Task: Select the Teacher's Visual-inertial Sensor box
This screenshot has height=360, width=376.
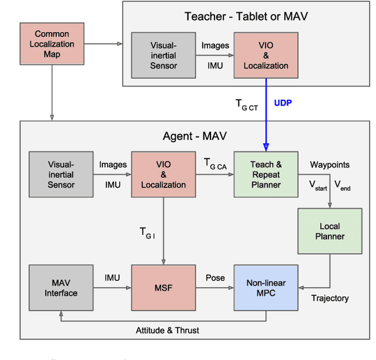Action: point(163,56)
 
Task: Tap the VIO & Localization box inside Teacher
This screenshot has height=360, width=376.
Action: point(266,56)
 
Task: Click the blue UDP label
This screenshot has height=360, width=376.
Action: point(283,103)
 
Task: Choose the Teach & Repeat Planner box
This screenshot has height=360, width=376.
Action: point(266,174)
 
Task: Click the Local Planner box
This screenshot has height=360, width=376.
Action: point(330,231)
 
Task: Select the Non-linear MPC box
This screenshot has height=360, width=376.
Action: point(266,287)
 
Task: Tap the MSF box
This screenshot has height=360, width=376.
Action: point(163,287)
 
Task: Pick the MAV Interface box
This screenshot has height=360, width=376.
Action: point(61,287)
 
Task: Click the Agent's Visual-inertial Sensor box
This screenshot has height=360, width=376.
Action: point(61,174)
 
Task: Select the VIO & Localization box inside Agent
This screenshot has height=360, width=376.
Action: point(163,174)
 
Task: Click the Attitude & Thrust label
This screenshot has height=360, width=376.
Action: point(167,330)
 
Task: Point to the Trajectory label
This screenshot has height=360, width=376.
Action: point(330,298)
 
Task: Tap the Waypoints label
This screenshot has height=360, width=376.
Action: point(330,165)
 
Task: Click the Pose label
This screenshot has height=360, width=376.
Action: point(214,277)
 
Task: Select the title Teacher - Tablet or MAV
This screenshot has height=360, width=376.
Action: point(246,16)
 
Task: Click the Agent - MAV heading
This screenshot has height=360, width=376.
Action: point(194,136)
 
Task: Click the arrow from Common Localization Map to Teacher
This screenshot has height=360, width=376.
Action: point(103,43)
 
